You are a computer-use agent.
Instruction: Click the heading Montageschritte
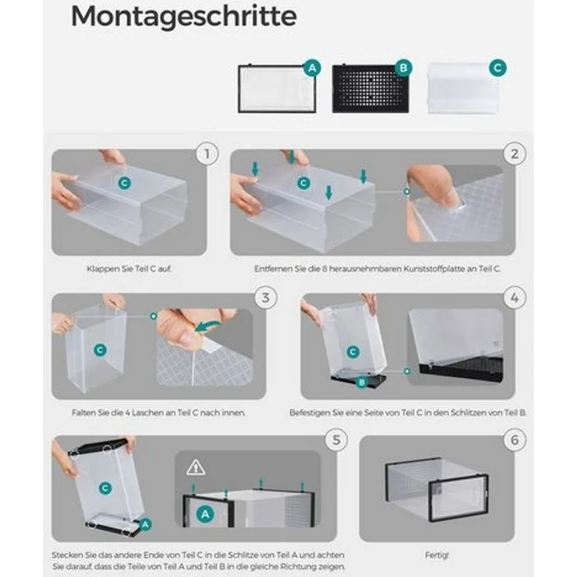click(183, 17)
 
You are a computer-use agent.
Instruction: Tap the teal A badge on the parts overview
click(312, 68)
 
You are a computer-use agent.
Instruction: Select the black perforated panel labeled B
click(370, 89)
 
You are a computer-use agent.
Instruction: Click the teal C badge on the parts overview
click(498, 67)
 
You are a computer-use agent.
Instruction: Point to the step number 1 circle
click(207, 154)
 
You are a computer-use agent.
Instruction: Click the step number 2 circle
click(514, 154)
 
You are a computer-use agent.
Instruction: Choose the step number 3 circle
click(265, 297)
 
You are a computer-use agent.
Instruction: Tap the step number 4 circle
click(514, 297)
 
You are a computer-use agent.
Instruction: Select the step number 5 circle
click(336, 440)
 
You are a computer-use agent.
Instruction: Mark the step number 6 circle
click(514, 440)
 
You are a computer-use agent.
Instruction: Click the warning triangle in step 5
click(195, 467)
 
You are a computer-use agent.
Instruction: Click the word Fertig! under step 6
click(437, 554)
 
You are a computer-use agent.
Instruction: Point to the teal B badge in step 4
click(361, 383)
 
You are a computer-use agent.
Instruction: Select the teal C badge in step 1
click(125, 183)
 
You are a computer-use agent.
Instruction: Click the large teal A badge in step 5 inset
click(205, 514)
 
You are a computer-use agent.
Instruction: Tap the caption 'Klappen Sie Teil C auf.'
click(129, 269)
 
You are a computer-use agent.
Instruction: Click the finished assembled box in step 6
click(437, 489)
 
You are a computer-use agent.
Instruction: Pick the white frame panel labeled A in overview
click(277, 89)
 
